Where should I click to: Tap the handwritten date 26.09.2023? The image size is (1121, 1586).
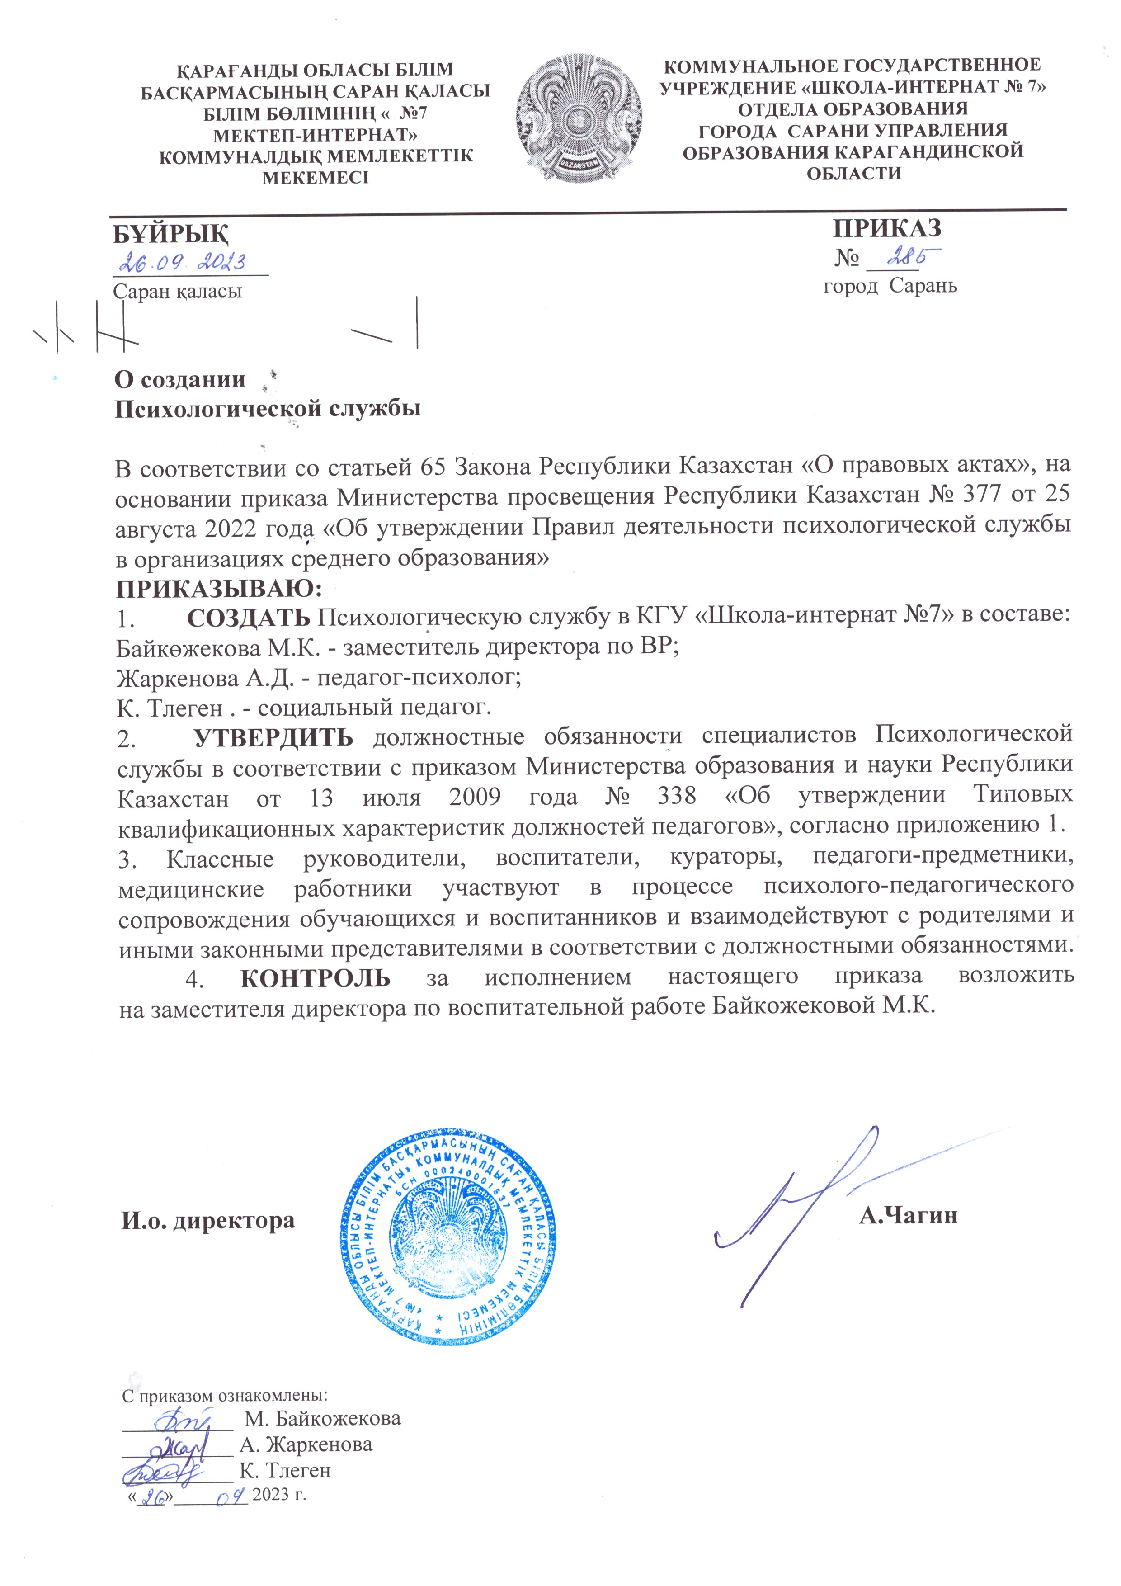pos(184,263)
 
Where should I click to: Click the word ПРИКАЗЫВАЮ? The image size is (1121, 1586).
pos(218,589)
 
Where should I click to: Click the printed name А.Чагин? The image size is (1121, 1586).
pos(908,1215)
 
